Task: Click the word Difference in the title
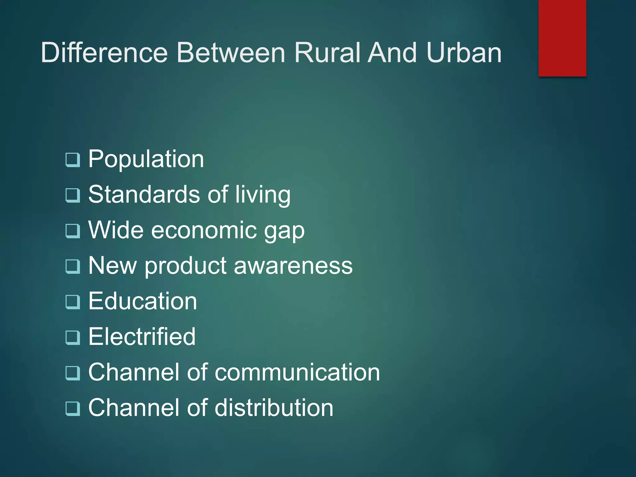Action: tap(104, 52)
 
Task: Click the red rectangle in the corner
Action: tap(562, 38)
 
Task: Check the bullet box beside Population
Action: tap(73, 160)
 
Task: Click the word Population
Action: tap(146, 159)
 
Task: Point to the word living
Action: tap(263, 195)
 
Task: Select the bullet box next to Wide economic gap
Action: tap(73, 231)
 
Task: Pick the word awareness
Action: tap(293, 266)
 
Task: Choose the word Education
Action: tap(143, 301)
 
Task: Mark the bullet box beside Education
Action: tap(73, 302)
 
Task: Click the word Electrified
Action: tap(142, 337)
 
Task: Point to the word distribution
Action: tap(274, 407)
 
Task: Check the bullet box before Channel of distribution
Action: tap(73, 408)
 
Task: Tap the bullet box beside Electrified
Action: tap(73, 338)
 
